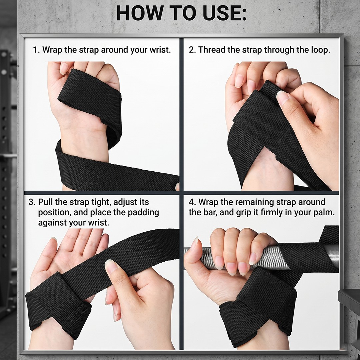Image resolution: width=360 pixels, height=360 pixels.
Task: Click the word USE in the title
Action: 220,13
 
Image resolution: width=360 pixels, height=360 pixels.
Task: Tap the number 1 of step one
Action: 35,50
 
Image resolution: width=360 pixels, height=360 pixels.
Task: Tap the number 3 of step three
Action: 32,202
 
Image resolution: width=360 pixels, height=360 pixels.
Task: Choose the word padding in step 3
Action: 143,213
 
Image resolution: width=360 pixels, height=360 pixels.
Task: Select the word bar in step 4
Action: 209,212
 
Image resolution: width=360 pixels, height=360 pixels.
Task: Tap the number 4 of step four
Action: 191,202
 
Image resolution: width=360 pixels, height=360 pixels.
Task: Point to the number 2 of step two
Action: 191,50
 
